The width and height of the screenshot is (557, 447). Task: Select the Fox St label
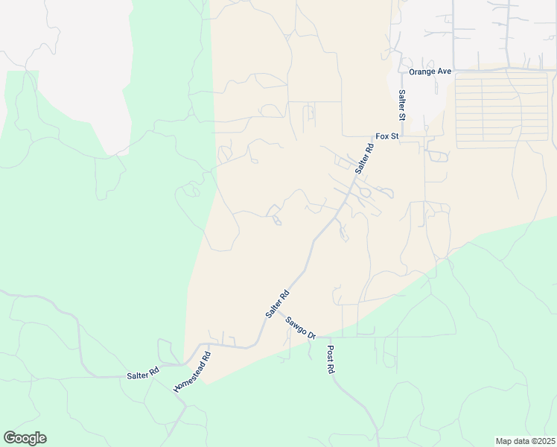(387, 137)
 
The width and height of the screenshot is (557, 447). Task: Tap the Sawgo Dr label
(300, 328)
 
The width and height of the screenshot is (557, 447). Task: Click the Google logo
(25, 438)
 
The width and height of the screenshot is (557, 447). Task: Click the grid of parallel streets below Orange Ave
(501, 110)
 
